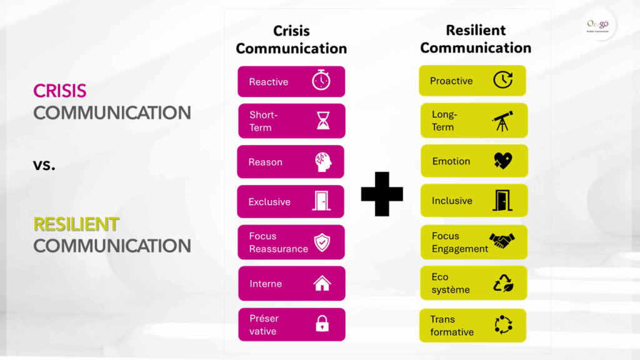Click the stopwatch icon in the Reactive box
point(321,81)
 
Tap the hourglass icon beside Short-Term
point(322,120)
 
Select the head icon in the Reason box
point(322,162)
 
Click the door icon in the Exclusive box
point(322,201)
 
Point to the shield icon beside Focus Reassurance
point(322,242)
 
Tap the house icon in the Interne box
point(322,283)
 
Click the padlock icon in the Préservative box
point(322,324)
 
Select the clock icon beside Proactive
point(502,80)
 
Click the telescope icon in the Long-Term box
point(502,121)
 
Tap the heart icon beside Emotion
point(502,161)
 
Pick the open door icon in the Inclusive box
point(502,201)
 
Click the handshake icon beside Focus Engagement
point(502,241)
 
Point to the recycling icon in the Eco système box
point(502,283)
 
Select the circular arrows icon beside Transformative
point(502,324)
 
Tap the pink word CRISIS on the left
point(59,91)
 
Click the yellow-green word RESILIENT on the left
point(76,224)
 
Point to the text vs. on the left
point(44,166)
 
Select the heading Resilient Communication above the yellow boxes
point(476,39)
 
